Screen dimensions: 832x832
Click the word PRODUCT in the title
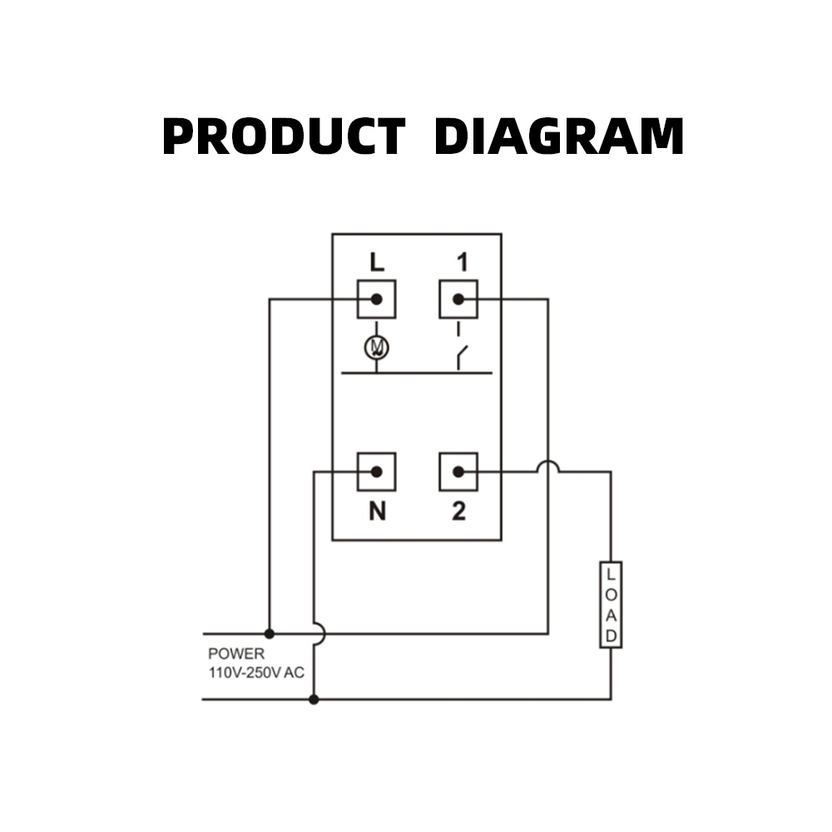(x=283, y=137)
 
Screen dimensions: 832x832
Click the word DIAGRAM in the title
(x=558, y=137)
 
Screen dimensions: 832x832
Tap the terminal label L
(x=377, y=263)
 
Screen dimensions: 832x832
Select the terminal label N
(x=377, y=512)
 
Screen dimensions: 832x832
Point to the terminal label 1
(x=459, y=263)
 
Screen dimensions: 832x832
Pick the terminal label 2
(x=459, y=512)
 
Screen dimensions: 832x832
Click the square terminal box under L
(x=377, y=299)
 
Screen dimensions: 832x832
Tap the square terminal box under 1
(x=458, y=299)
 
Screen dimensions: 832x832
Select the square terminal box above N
(x=377, y=472)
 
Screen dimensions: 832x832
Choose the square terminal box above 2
(x=458, y=472)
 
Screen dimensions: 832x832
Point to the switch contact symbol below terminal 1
(x=460, y=356)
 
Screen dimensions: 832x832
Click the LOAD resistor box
(x=611, y=605)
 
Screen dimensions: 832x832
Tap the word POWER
(x=236, y=654)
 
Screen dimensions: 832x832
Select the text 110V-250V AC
(x=256, y=672)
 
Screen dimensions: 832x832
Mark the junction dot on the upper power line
(x=269, y=633)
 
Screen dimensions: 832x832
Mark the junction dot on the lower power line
(x=314, y=700)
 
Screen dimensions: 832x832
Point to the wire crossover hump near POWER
(x=318, y=633)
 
